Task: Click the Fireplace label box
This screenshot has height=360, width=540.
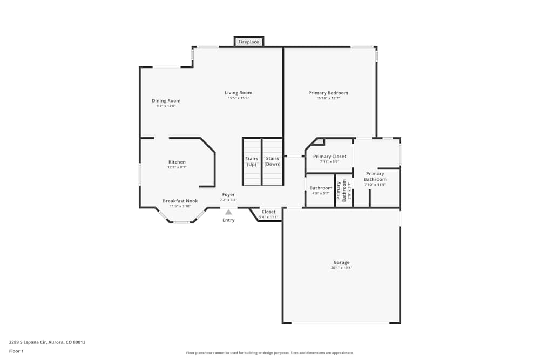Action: (x=249, y=42)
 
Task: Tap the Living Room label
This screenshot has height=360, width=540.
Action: (x=238, y=93)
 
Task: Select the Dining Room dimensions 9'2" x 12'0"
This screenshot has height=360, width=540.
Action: (x=166, y=106)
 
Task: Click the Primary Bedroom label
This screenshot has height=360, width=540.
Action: (x=328, y=93)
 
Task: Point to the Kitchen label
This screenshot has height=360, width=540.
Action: (x=177, y=162)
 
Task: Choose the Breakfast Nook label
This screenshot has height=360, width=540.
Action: (x=180, y=201)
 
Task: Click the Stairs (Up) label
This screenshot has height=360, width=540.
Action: (x=252, y=161)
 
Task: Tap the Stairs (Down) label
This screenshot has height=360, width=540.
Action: (x=273, y=161)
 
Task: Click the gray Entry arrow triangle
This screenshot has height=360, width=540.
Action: (x=228, y=212)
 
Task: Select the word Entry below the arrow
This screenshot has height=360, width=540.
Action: (x=228, y=220)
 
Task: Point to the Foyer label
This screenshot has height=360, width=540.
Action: (x=228, y=194)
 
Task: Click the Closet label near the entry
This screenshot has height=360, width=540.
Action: (x=268, y=212)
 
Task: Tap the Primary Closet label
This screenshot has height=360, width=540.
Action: (x=329, y=157)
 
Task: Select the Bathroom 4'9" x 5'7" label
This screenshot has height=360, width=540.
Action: (x=321, y=191)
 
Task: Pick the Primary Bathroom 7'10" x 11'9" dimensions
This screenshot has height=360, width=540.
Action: (x=375, y=185)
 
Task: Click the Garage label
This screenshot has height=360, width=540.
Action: (x=341, y=262)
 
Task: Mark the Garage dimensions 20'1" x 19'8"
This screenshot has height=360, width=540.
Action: (x=341, y=268)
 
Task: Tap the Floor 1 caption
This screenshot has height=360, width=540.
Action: (x=16, y=351)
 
